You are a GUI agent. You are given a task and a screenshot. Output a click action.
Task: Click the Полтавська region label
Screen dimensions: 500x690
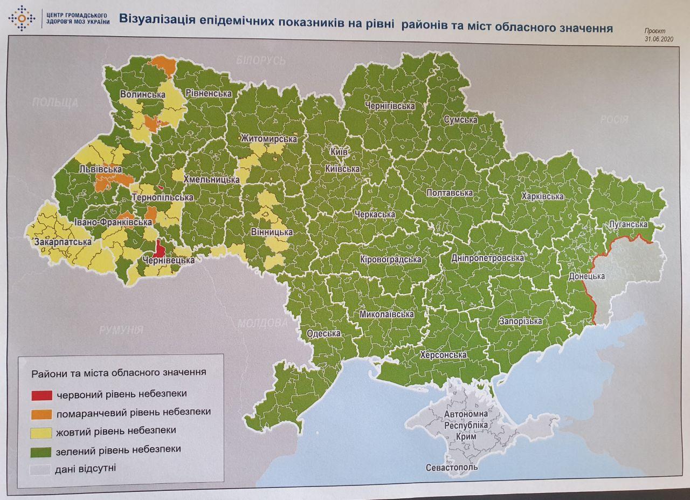click(449, 193)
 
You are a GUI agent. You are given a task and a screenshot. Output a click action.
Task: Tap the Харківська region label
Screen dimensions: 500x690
click(542, 196)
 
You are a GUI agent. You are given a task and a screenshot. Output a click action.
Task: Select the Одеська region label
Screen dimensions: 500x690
click(323, 333)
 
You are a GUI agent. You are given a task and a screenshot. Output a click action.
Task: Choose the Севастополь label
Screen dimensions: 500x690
click(451, 467)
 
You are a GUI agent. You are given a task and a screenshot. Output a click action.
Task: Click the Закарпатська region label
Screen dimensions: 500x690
click(63, 242)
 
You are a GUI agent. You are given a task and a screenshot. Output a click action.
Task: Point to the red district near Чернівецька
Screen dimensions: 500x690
click(160, 249)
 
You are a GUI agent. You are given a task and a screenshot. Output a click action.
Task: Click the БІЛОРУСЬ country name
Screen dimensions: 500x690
click(260, 60)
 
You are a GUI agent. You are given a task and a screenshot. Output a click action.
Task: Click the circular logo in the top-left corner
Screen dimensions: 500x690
click(21, 18)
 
